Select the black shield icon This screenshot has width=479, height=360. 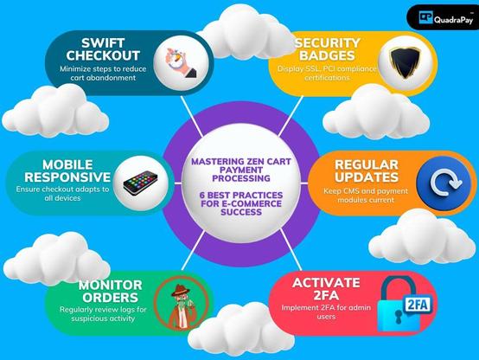[x=405, y=62]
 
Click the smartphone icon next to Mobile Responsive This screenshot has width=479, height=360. [x=141, y=183]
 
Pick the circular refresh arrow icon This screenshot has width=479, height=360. [x=445, y=183]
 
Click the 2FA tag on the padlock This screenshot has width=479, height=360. [x=418, y=305]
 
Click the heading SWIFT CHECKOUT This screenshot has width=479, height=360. [x=103, y=49]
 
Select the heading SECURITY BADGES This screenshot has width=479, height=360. [x=327, y=49]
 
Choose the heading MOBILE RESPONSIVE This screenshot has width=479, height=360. [x=67, y=171]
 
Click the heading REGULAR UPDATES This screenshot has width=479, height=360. [x=367, y=171]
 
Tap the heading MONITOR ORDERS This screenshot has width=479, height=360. [x=111, y=291]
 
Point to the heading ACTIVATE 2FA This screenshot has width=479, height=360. [x=326, y=289]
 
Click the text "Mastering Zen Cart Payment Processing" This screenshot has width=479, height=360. [x=241, y=170]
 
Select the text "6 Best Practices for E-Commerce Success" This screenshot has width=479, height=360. [x=241, y=203]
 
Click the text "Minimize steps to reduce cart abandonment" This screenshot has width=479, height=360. [x=103, y=73]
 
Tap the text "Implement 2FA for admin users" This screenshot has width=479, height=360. [x=326, y=312]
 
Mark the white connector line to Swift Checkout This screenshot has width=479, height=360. [x=192, y=117]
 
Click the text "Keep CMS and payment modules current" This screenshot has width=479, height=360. [x=366, y=196]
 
